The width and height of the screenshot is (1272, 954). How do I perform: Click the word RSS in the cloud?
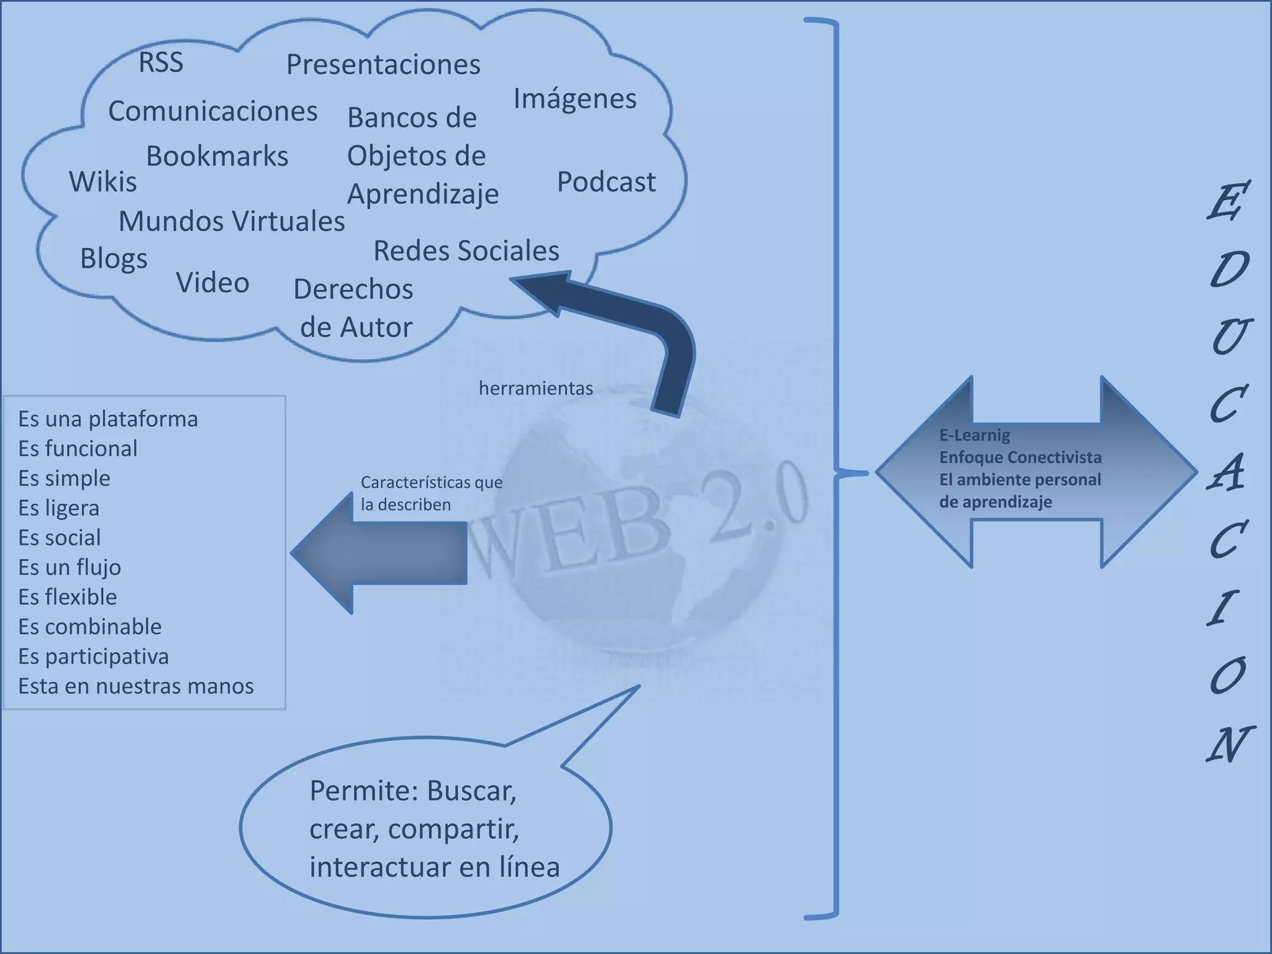coord(161,62)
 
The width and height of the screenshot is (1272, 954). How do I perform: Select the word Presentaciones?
coord(383,65)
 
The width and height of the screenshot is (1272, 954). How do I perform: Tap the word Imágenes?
coord(575,99)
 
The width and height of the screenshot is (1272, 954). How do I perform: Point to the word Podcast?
coord(606,182)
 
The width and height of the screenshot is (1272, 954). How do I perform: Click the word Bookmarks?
coord(217,156)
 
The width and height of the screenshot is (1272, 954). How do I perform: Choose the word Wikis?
coord(103,182)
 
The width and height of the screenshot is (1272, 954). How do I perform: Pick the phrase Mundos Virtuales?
coord(232,221)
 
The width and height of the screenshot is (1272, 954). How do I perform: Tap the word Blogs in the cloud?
coord(114,259)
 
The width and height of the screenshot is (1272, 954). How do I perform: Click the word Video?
coord(212,283)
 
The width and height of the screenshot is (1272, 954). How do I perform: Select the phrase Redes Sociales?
coord(466,251)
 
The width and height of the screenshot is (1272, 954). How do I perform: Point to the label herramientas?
coord(535,388)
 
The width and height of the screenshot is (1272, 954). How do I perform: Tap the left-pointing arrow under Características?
coord(379,553)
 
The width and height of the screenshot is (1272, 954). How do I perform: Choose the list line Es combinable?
coord(90,627)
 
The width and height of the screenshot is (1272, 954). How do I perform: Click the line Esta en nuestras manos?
coord(136,686)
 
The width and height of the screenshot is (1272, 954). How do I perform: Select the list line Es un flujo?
coord(70,567)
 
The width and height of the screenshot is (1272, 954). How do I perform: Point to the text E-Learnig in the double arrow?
coord(974,435)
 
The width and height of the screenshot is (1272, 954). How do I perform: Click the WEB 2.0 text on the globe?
coord(640,522)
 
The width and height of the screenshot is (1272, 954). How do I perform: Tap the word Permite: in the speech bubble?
coord(363,791)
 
